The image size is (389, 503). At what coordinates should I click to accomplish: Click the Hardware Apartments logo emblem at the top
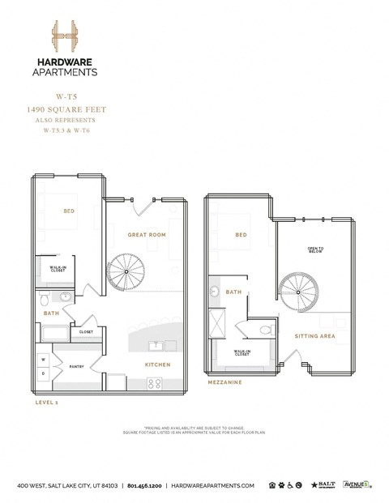[x=66, y=37]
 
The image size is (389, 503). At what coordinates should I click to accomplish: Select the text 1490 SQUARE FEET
[x=66, y=109]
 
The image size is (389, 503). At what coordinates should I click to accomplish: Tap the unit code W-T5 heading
[x=66, y=96]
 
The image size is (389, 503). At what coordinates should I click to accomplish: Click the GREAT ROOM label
[x=147, y=235]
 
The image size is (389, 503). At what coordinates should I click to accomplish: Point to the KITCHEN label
[x=157, y=364]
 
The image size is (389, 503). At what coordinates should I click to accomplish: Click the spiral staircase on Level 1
[x=126, y=273]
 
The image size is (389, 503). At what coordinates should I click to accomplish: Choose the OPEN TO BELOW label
[x=316, y=249]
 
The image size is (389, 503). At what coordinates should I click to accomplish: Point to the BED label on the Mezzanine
[x=241, y=235]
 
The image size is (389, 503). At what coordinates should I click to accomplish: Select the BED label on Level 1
[x=69, y=211]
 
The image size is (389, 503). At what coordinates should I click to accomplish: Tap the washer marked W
[x=42, y=359]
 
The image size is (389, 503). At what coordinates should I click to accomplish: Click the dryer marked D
[x=42, y=374]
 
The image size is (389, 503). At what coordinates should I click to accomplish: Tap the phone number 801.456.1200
[x=144, y=485]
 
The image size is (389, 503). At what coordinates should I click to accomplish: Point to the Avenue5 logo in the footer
[x=357, y=484]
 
